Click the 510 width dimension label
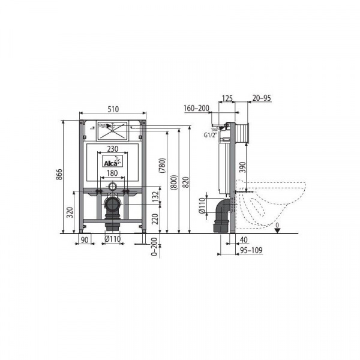pyautogui.click(x=113, y=109)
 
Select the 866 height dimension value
pyautogui.click(x=59, y=175)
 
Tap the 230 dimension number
pyautogui.click(x=113, y=149)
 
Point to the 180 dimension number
pyautogui.click(x=113, y=173)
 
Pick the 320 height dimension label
pyautogui.click(x=70, y=212)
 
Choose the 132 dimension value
pyautogui.click(x=155, y=197)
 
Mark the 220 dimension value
pyautogui.click(x=155, y=219)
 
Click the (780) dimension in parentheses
pyautogui.click(x=162, y=166)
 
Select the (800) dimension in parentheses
pyautogui.click(x=174, y=182)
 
